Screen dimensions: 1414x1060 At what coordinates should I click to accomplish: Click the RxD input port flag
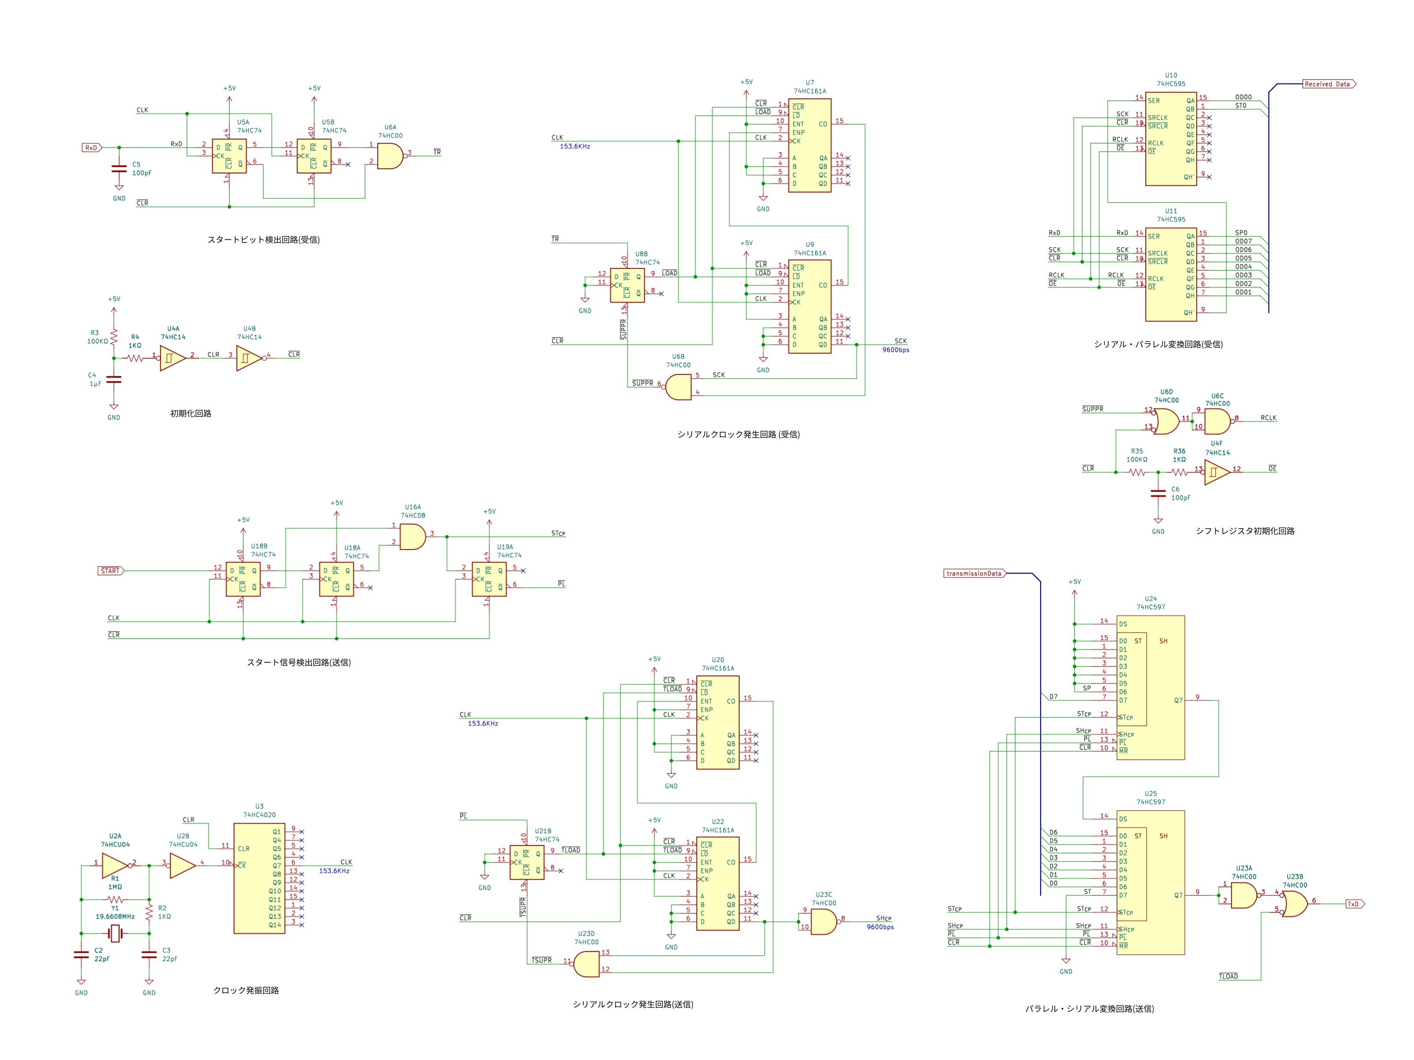pos(92,148)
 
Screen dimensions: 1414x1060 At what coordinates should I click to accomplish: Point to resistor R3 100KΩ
pos(114,336)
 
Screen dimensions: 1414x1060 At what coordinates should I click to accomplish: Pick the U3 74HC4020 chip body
pos(259,878)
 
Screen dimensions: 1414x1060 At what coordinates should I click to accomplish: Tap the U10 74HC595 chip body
pos(1171,139)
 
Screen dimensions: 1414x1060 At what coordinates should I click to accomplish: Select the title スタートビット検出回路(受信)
pos(263,239)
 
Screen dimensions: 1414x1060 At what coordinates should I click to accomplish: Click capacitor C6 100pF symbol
pos(1158,493)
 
